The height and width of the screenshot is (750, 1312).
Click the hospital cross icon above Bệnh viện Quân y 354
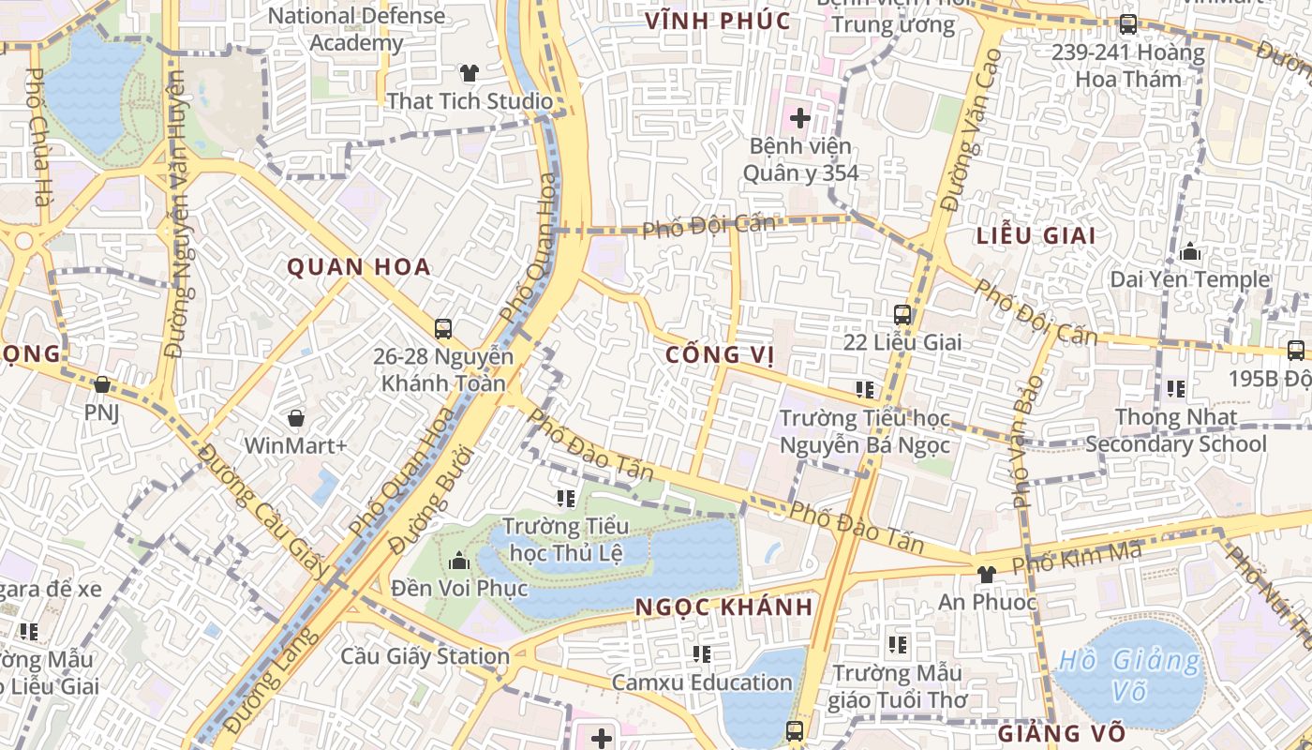799,118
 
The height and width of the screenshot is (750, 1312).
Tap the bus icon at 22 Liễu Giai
902,315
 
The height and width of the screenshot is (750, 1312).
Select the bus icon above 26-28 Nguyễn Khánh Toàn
443,329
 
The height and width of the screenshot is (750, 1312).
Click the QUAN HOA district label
359,267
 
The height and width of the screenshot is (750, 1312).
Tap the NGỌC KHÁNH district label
723,607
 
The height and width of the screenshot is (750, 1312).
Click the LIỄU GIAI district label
1036,235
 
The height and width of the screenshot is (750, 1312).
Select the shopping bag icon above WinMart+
296,418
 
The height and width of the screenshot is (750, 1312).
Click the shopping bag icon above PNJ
102,385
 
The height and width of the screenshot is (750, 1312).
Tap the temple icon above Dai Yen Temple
1190,251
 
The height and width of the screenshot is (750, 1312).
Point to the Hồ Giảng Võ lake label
1128,675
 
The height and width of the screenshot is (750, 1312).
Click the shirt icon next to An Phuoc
985,574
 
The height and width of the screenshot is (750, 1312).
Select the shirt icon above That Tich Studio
470,72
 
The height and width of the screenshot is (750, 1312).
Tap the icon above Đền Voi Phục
459,561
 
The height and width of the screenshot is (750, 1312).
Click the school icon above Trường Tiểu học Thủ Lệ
565,498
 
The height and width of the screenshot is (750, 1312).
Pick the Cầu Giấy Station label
425,656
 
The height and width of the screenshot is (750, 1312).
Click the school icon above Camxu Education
702,653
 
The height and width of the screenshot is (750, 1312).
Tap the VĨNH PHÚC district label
718,21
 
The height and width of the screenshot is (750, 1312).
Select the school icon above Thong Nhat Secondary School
1175,388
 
